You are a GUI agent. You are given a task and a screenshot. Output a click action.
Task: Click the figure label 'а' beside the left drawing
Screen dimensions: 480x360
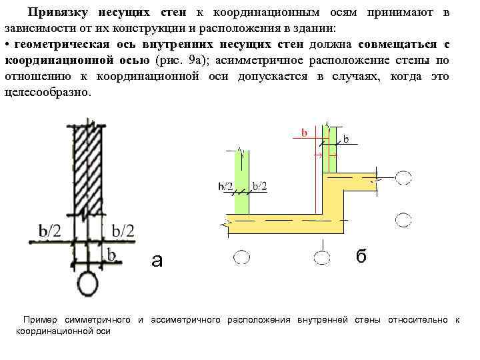point(157,260)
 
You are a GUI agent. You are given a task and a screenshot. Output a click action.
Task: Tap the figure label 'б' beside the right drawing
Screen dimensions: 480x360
point(361,257)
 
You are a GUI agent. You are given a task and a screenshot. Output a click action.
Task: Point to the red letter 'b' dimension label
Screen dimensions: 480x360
point(304,133)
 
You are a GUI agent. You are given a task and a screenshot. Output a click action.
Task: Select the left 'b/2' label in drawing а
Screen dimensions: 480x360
point(50,231)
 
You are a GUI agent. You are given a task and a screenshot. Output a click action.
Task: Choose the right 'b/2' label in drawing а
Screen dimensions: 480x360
point(123,231)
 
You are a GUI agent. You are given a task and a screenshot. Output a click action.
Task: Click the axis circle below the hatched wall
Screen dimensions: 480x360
point(88,283)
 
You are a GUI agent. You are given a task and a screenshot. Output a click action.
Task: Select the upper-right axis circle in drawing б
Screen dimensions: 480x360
point(403,178)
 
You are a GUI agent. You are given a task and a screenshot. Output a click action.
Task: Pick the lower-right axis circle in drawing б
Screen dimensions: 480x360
point(403,220)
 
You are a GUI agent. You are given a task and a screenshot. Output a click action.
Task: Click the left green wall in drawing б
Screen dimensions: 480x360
point(239,183)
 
